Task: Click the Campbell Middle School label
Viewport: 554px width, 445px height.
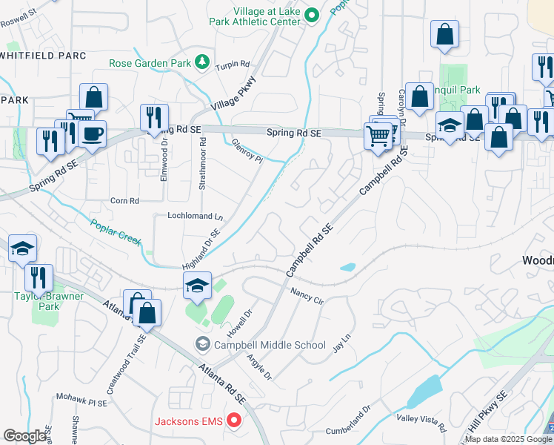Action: coord(270,345)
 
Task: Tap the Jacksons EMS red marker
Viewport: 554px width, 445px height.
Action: coord(235,422)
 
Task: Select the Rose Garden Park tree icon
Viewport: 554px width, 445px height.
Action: coord(202,62)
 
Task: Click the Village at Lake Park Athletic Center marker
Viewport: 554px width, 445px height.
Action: coord(313,14)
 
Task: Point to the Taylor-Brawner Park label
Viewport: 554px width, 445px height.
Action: coord(50,300)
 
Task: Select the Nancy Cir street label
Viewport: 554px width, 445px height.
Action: coord(307,296)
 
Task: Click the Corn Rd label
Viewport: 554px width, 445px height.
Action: coord(124,201)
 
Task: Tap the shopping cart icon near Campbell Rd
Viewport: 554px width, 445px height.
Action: coord(378,136)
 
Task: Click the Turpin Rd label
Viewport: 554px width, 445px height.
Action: coord(233,65)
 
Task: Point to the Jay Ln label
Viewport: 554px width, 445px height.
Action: coord(341,343)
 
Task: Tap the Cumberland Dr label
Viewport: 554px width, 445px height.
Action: coord(347,421)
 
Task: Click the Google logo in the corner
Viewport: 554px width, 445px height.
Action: coord(24,436)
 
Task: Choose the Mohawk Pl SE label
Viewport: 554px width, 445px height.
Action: coord(81,398)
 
